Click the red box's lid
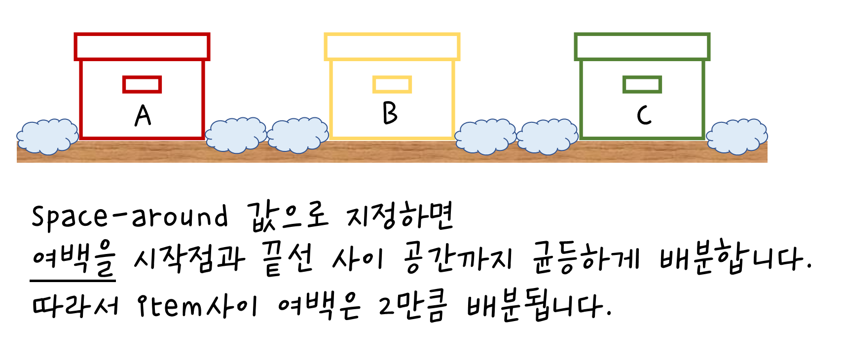142,46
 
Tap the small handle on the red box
142,84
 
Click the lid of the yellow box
392,46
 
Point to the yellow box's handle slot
392,84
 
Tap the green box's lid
642,46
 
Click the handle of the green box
642,84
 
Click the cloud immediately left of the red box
47,136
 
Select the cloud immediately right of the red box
236,135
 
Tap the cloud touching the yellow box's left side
298,135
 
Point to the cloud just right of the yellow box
485,136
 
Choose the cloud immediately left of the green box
548,136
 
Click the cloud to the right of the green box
737,136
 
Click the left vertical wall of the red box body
81,99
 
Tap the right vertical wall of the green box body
703,99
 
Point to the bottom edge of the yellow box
392,138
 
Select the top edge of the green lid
642,35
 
